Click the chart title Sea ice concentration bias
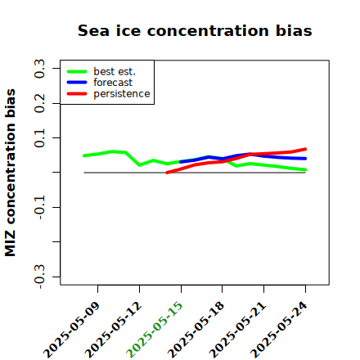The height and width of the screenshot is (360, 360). coord(195,30)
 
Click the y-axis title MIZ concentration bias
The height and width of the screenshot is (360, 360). coord(10,173)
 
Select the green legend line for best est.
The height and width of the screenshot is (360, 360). coord(77,72)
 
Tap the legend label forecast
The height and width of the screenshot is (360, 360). coord(113,83)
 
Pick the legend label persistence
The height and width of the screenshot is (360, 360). coord(122,94)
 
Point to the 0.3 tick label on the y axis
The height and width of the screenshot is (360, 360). coord(39,69)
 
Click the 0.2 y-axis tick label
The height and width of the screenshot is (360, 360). coord(39,103)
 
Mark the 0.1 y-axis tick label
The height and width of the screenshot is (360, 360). coord(39,138)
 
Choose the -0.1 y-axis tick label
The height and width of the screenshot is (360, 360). coord(39,207)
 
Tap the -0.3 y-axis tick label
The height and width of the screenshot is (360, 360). coord(39,277)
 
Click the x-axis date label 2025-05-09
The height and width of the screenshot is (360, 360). coord(71,330)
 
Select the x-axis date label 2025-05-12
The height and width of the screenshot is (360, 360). coord(113,330)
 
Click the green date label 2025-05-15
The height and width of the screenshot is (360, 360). coord(155,330)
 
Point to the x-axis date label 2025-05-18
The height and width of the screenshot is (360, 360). coord(196,330)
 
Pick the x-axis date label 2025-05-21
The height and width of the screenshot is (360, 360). coord(237,330)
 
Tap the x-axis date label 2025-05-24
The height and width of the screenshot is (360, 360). coord(279,330)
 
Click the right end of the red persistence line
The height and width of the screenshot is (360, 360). coord(305,149)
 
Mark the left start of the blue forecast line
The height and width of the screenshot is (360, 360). coord(181,162)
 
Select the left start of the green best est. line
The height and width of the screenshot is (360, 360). coord(84,155)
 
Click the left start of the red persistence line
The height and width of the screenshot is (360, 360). coord(167,173)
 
